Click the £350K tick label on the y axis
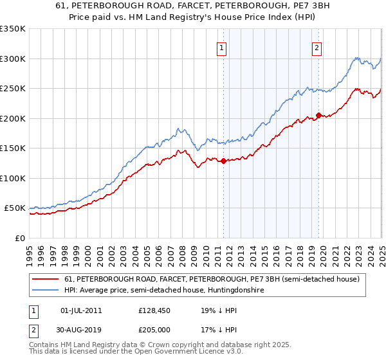pyautogui.click(x=13, y=29)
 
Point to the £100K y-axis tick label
pyautogui.click(x=13, y=178)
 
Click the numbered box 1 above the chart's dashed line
pyautogui.click(x=221, y=47)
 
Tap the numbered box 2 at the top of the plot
pyautogui.click(x=317, y=47)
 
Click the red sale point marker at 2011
pyautogui.click(x=223, y=161)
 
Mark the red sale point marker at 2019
pyautogui.click(x=318, y=116)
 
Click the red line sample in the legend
pyautogui.click(x=47, y=280)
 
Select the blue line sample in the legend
pyautogui.click(x=47, y=291)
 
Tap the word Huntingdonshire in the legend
pyautogui.click(x=236, y=291)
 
